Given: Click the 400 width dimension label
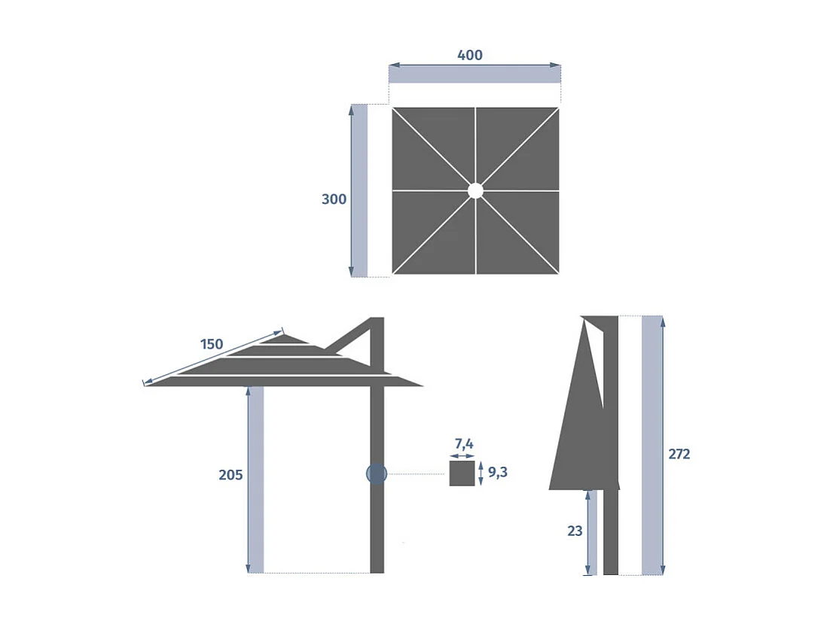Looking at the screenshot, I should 470,55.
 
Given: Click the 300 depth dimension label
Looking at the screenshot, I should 334,199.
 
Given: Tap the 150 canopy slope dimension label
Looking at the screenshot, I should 212,344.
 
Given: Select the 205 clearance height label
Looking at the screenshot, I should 230,475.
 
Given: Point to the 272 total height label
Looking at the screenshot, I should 679,454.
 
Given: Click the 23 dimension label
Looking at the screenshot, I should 575,531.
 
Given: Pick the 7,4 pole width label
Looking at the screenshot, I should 463,444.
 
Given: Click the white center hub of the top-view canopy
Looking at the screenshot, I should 475,190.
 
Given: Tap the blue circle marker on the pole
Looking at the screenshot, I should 377,473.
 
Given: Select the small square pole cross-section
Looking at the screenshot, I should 462,473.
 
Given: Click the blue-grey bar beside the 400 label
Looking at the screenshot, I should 474,74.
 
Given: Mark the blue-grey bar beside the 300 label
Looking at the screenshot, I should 360,190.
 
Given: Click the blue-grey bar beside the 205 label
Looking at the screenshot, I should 256,479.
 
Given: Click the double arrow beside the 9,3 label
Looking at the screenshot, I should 481,473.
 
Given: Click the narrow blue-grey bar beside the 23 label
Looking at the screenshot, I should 593,532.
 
